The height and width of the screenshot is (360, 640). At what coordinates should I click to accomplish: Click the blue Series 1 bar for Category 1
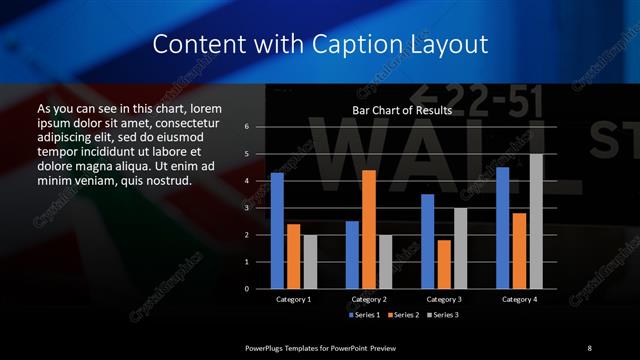[277, 231]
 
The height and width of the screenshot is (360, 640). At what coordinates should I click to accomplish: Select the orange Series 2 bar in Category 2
[369, 229]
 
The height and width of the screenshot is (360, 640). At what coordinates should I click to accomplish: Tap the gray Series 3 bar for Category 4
[537, 221]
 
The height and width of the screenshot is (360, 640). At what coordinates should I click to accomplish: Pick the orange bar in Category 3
[444, 264]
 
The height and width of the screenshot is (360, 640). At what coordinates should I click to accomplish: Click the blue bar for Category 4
[503, 228]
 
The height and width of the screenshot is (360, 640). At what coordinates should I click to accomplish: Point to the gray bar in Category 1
[310, 262]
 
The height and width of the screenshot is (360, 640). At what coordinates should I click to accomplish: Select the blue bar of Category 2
[352, 255]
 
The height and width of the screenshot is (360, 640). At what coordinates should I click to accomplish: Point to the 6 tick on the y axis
[247, 127]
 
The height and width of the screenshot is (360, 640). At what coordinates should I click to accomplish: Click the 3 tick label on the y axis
[247, 208]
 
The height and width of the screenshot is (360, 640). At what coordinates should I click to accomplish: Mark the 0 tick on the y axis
[247, 289]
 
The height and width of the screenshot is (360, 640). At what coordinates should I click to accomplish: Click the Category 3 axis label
[443, 299]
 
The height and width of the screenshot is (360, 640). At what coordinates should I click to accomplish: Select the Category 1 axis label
[293, 299]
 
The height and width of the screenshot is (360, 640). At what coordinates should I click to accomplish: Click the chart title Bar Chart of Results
[403, 110]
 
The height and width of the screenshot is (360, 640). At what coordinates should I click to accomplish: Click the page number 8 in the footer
[589, 348]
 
